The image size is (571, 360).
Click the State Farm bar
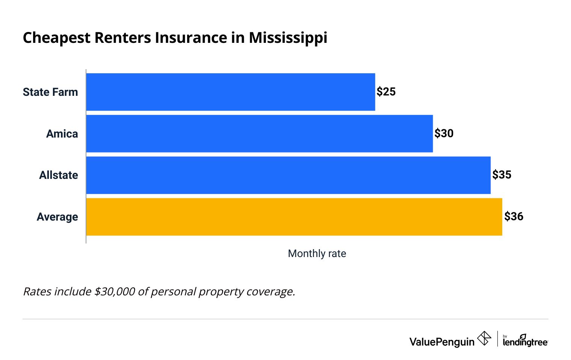pyautogui.click(x=230, y=92)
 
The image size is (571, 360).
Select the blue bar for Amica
pyautogui.click(x=259, y=134)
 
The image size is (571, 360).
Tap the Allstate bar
pyautogui.click(x=288, y=175)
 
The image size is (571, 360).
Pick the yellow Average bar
pyautogui.click(x=294, y=217)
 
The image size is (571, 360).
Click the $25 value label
pyautogui.click(x=386, y=92)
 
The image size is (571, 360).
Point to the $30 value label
pyautogui.click(x=444, y=133)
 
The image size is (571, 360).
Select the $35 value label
pyautogui.click(x=502, y=175)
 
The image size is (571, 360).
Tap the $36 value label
pyautogui.click(x=514, y=216)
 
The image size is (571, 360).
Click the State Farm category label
pyautogui.click(x=50, y=92)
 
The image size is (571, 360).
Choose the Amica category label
pyautogui.click(x=62, y=134)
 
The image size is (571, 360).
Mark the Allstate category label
pyautogui.click(x=59, y=175)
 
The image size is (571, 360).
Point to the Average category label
pyautogui.click(x=57, y=217)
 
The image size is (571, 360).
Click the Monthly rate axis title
pyautogui.click(x=317, y=254)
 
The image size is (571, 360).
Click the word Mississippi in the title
pyautogui.click(x=288, y=38)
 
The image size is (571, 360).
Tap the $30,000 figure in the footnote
pyautogui.click(x=114, y=292)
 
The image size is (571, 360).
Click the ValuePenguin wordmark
pyautogui.click(x=442, y=342)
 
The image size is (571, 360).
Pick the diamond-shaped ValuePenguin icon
pyautogui.click(x=484, y=338)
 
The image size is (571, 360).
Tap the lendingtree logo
pyautogui.click(x=525, y=340)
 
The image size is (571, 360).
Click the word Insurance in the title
pyautogui.click(x=190, y=38)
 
